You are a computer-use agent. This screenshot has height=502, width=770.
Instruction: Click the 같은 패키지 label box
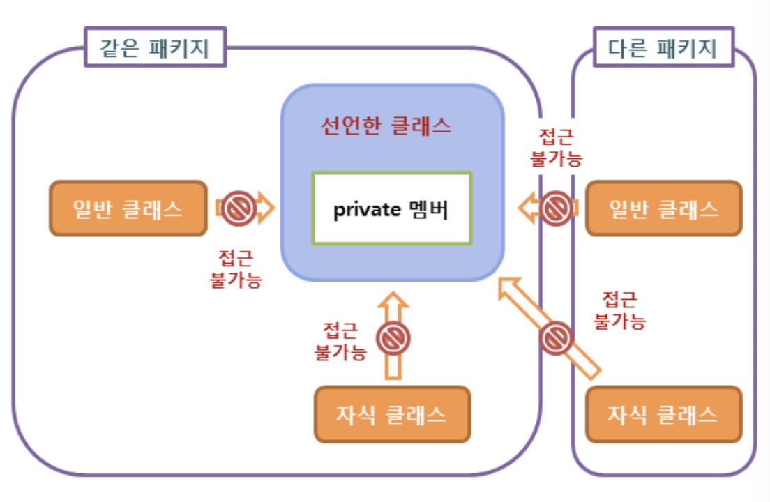click(156, 47)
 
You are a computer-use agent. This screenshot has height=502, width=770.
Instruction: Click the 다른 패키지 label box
click(663, 47)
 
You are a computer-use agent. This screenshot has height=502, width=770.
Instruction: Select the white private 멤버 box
click(392, 208)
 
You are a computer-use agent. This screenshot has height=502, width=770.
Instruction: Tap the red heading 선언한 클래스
click(386, 125)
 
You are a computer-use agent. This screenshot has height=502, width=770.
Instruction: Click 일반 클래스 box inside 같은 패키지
click(128, 208)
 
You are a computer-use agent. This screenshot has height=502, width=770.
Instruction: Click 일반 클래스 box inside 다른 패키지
click(663, 208)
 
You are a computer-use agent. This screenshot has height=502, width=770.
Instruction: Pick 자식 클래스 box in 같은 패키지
click(392, 414)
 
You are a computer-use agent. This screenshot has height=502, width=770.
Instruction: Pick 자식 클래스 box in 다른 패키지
click(663, 414)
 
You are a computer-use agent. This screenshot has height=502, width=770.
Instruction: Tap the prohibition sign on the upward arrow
click(393, 339)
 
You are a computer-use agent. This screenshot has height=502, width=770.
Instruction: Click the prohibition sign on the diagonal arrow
click(557, 337)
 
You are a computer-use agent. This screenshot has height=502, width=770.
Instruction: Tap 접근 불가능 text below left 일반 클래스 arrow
click(236, 269)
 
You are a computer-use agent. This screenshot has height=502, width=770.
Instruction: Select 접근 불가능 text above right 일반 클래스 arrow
click(556, 147)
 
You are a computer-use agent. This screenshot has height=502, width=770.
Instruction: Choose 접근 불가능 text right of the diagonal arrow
click(619, 310)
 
